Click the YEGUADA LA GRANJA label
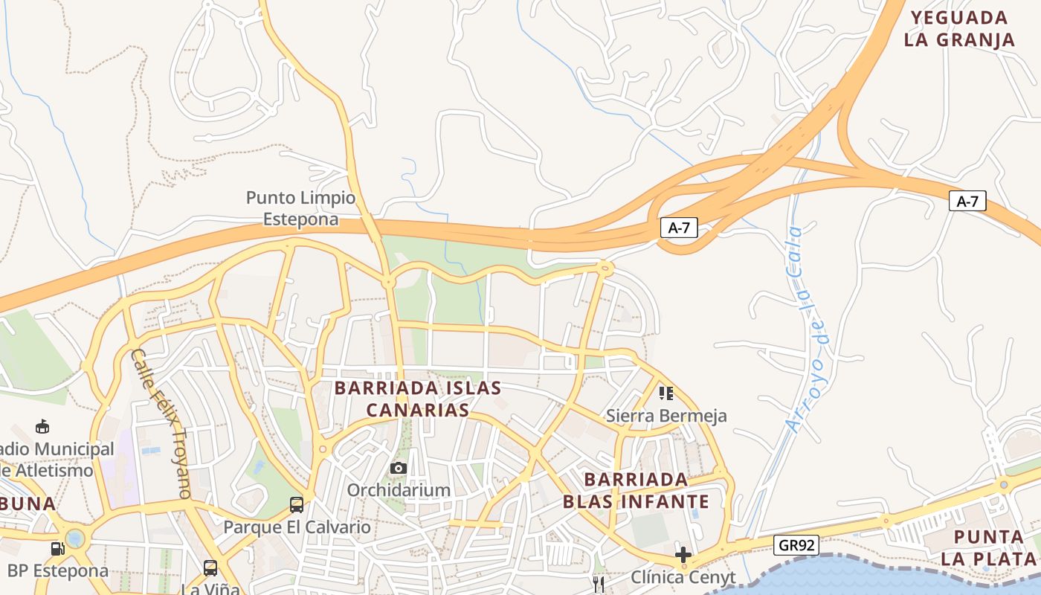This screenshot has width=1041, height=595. coord(959,28)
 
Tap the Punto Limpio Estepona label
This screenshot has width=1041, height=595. coord(301,208)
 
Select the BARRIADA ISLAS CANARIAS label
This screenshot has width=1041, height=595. coord(417,399)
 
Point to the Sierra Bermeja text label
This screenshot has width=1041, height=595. coord(666,415)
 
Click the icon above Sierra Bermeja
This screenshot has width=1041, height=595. coord(666,393)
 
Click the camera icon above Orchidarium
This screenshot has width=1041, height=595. coord(399,468)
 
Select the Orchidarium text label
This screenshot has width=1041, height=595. coord(399,490)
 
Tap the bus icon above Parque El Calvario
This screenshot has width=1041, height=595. coord(297,505)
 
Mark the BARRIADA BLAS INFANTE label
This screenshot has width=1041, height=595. coord(636,489)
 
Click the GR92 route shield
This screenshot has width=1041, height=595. coord(796,545)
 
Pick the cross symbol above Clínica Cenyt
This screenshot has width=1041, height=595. coord(683,554)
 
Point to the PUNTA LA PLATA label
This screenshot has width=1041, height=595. coord(989,547)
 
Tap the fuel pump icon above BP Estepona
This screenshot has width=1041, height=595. coord(57,549)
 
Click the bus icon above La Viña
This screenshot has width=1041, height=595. coord(210,568)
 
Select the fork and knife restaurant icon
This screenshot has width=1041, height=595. coord(599,585)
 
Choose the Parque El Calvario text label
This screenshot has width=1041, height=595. coord(297,527)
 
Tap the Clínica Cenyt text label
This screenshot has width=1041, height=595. coord(683,577)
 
